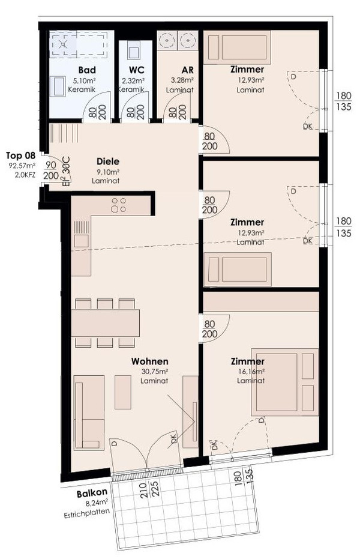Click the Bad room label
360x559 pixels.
click(x=87, y=70)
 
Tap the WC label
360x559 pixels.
click(x=136, y=70)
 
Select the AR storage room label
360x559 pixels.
click(x=187, y=70)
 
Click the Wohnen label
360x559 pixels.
click(x=149, y=361)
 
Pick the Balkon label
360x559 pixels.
click(x=92, y=493)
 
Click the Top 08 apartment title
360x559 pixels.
click(x=20, y=156)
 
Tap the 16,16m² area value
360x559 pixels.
click(x=251, y=372)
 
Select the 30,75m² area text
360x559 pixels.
click(x=155, y=372)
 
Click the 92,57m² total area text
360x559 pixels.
click(x=22, y=166)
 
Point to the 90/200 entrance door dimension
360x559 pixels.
click(x=51, y=171)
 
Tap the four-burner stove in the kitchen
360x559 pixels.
click(x=119, y=205)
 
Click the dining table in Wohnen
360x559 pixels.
click(x=106, y=322)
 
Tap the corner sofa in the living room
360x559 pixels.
click(x=89, y=412)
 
